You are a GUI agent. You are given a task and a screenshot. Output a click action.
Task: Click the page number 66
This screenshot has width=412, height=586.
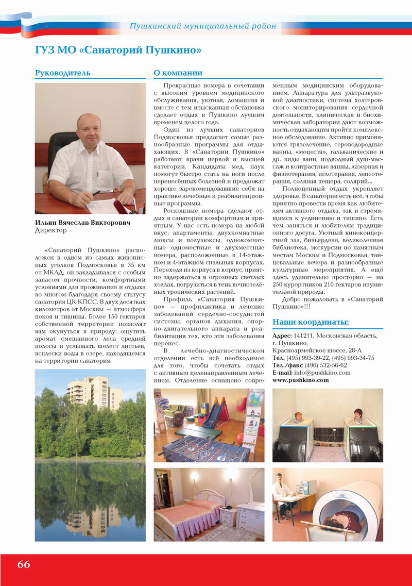pyautogui.click(x=24, y=564)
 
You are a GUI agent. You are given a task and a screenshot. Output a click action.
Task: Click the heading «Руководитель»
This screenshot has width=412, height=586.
pyautogui.click(x=62, y=73)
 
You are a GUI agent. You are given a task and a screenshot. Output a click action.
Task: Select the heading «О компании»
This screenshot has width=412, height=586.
pyautogui.click(x=178, y=73)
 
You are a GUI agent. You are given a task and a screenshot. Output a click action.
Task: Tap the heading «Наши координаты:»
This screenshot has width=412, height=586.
pyautogui.click(x=310, y=322)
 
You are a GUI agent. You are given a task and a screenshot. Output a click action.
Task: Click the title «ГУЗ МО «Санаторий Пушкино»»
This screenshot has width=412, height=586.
pyautogui.click(x=118, y=50)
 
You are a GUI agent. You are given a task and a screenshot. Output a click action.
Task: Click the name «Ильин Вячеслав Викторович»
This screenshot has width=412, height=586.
pyautogui.click(x=82, y=223)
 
